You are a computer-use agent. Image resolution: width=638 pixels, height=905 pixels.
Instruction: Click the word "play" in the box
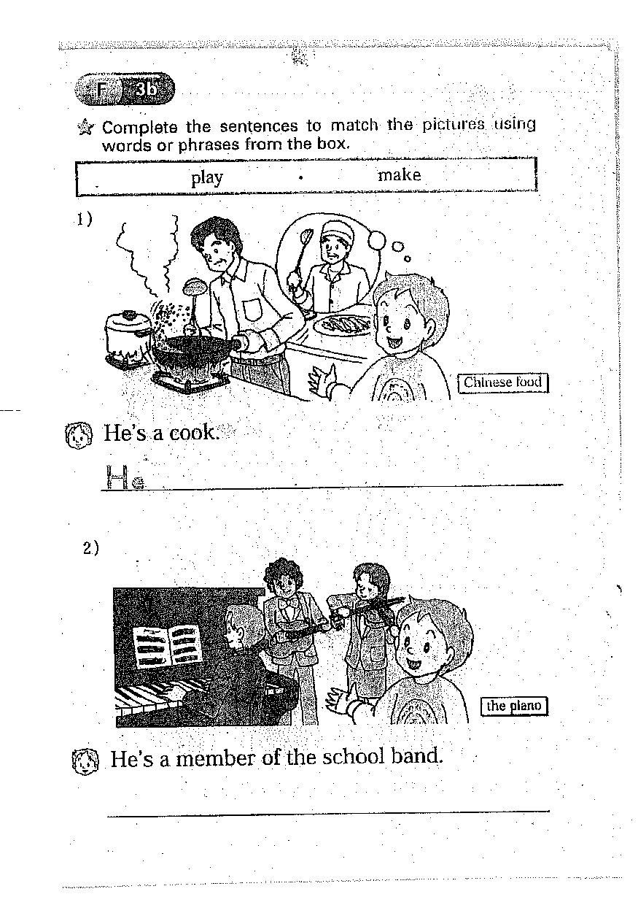tap(207, 178)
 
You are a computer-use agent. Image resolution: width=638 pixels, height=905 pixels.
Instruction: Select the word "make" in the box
tap(399, 175)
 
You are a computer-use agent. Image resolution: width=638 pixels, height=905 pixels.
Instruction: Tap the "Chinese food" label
tap(503, 382)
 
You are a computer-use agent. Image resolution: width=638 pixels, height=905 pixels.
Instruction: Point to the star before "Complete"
tap(85, 129)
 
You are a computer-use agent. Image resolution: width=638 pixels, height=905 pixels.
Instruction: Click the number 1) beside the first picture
tap(85, 220)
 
